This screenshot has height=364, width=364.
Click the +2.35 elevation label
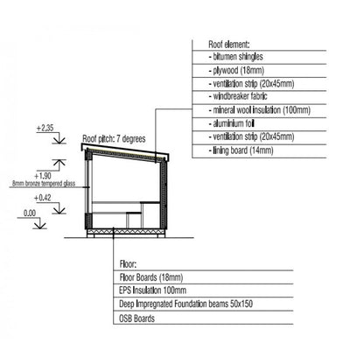(x=45, y=128)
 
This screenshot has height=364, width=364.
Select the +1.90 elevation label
(x=43, y=176)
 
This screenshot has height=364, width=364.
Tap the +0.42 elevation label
(x=43, y=198)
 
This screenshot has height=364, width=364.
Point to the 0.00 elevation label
(x=30, y=213)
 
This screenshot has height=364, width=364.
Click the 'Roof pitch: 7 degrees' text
(x=114, y=138)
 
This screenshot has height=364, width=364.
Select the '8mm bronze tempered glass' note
(x=44, y=184)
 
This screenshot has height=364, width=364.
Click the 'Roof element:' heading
(x=229, y=45)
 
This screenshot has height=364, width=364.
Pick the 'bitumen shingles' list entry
(x=236, y=57)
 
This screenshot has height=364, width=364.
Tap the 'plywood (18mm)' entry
(x=236, y=70)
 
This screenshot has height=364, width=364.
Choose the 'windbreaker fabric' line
(x=238, y=96)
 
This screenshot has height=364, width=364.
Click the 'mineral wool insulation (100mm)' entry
(x=260, y=110)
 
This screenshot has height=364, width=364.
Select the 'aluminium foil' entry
(x=232, y=123)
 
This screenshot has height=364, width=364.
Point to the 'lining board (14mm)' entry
(x=241, y=150)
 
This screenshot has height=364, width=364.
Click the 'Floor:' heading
(x=128, y=264)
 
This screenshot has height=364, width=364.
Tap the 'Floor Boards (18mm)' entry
(x=151, y=277)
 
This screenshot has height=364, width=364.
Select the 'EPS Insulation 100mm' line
(x=152, y=290)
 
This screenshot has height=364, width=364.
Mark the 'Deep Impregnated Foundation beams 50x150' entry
(x=185, y=304)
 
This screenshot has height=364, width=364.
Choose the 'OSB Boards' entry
(x=136, y=318)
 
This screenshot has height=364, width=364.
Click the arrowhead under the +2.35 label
(x=59, y=140)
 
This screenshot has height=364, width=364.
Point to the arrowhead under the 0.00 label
(x=40, y=225)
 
